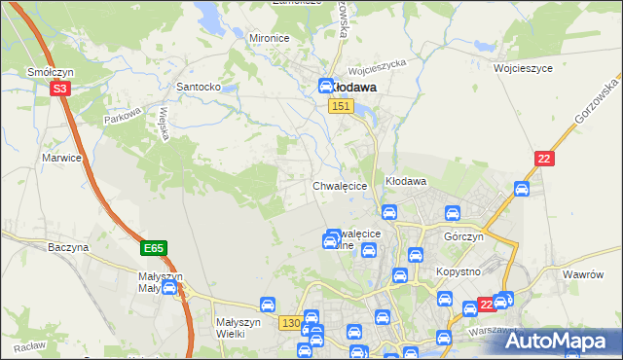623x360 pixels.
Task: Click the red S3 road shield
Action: [60, 89]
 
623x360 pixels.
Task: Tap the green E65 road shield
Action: [153, 249]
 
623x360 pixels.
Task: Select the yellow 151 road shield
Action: [340, 106]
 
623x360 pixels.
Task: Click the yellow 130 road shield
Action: [289, 322]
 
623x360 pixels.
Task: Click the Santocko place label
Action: [199, 87]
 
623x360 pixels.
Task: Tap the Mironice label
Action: [270, 38]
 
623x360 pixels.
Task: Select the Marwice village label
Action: [59, 157]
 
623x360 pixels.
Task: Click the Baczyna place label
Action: [68, 247]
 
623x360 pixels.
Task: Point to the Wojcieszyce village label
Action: [523, 69]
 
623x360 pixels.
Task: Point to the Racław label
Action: [29, 346]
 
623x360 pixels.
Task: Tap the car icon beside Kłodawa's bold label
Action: [327, 86]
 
